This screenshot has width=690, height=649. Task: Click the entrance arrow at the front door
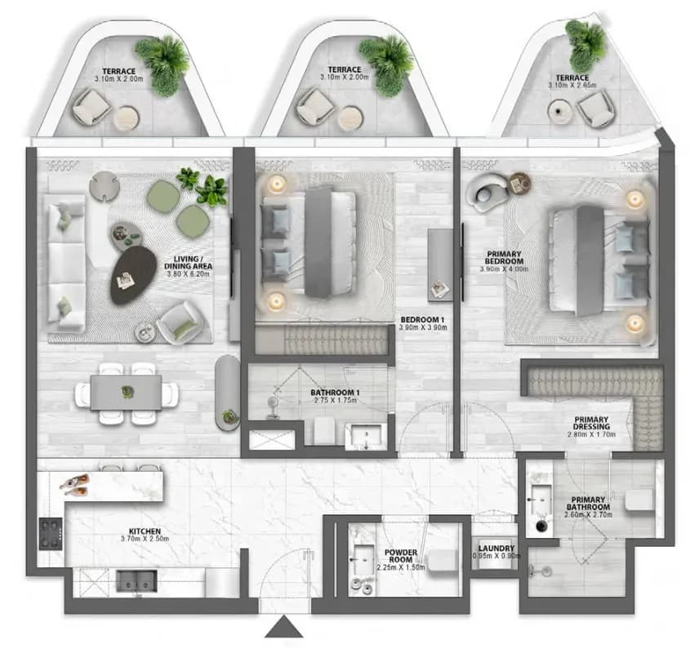[284, 627]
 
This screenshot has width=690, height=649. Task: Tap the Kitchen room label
[145, 531]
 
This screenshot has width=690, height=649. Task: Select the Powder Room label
[401, 556]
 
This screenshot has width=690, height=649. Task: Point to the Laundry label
[496, 549]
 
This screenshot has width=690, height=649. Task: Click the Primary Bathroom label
[588, 504]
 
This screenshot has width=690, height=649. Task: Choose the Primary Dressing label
[591, 424]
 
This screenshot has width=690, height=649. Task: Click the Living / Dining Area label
[189, 263]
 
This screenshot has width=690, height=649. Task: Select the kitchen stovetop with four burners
[51, 534]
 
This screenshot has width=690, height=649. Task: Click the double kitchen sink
[136, 581]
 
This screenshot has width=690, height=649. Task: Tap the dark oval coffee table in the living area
[133, 275]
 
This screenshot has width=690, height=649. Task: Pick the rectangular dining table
[127, 392]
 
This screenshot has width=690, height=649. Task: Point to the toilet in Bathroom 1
[325, 431]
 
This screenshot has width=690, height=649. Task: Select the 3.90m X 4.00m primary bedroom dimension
[505, 269]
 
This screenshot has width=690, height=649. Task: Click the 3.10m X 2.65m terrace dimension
[572, 85]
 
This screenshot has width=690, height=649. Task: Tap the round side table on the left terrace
[127, 118]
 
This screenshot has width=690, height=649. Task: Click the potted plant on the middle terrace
[387, 64]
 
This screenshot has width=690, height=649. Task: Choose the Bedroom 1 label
[422, 320]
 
